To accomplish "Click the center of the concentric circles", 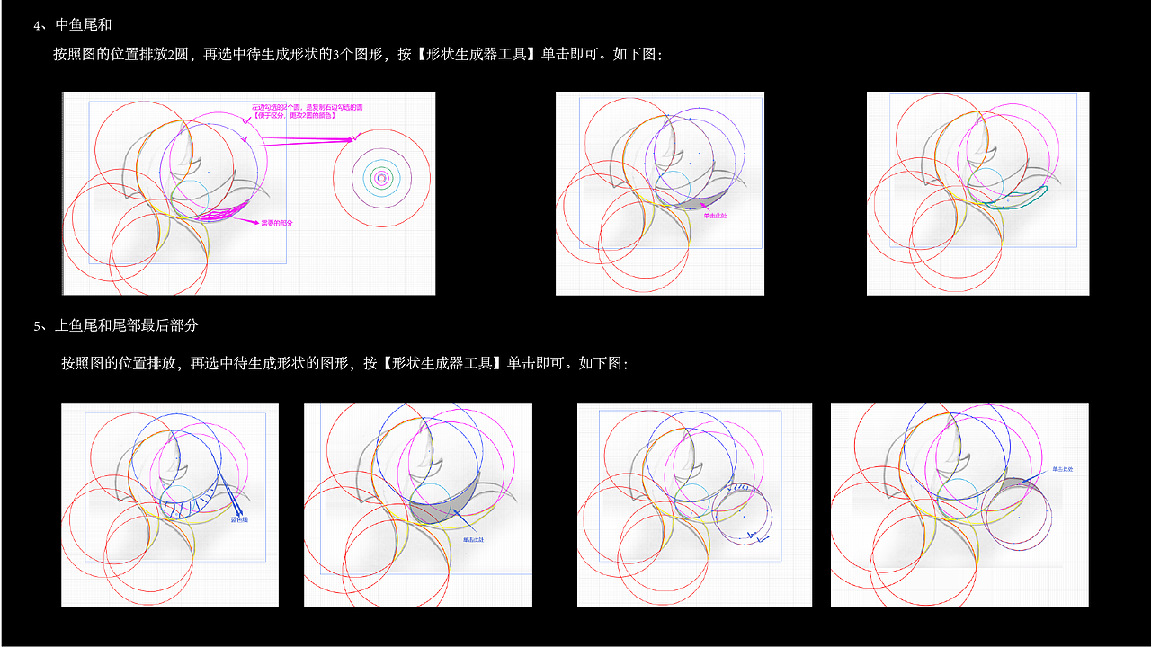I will coord(381,179).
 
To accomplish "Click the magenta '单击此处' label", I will coord(716,216).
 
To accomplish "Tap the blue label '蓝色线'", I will coord(240,519).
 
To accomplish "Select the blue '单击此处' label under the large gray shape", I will coord(474,540).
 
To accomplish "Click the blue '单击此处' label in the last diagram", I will coord(1064,469).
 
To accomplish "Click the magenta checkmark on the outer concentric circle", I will coord(357,137).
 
